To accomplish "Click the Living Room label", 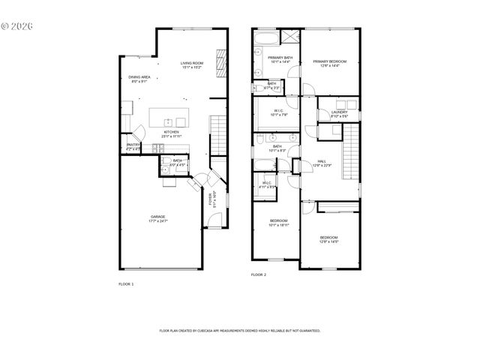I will pos(192,65).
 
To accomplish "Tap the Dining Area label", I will pos(139,79).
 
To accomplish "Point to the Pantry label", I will pos(133,147).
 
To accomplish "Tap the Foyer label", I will pos(212,199).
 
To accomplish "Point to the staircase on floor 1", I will pos(217,135).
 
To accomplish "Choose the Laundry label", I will pos(339,115).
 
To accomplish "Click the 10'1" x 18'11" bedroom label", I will pos(278,223).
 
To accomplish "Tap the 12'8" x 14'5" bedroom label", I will pos(328,239).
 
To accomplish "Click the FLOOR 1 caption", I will pos(126,284).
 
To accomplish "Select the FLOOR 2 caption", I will pos(258,275).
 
